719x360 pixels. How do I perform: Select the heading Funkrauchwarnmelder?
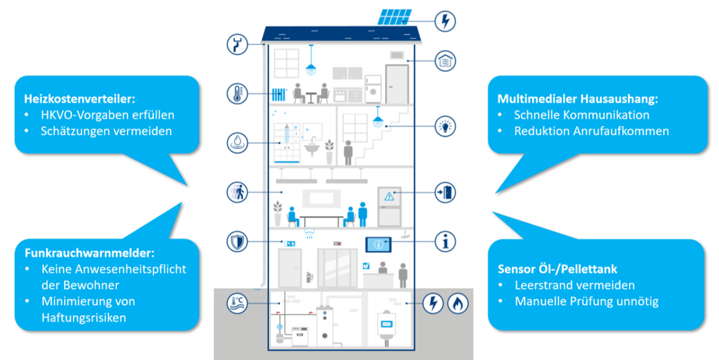click(x=89, y=253)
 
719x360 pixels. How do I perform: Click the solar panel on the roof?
click(x=394, y=17)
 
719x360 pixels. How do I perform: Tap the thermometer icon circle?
click(x=237, y=93)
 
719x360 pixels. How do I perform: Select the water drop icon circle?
click(x=237, y=143)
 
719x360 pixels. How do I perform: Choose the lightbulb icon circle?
click(x=445, y=126)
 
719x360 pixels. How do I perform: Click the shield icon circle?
click(x=237, y=241)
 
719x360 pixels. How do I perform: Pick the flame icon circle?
click(x=458, y=303)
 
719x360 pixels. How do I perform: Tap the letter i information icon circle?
click(x=445, y=241)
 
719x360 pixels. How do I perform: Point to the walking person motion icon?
click(x=237, y=192)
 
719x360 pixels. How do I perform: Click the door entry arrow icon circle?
click(x=445, y=192)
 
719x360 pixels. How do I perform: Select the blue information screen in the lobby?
click(x=379, y=244)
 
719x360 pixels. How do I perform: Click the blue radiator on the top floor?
click(x=279, y=94)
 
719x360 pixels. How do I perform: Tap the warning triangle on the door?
click(x=389, y=196)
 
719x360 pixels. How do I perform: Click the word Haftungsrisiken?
click(x=84, y=317)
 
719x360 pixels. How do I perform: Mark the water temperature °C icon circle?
click(x=237, y=303)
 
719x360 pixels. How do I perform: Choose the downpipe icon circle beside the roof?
click(x=237, y=44)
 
